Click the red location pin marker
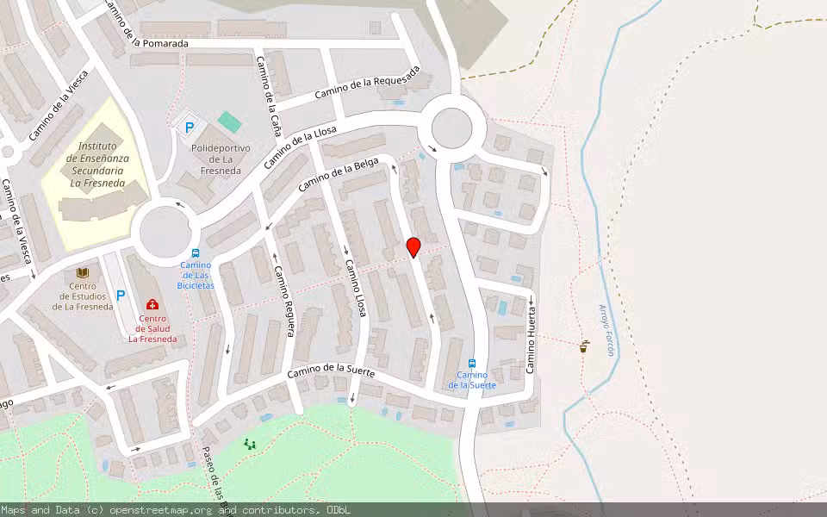tap(413, 247)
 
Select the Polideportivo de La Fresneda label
tap(221, 159)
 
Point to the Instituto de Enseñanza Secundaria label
tap(96, 165)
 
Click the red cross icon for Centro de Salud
tap(152, 304)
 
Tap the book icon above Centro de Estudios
tap(83, 273)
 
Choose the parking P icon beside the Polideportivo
tap(188, 128)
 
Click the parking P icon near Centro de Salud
tap(121, 296)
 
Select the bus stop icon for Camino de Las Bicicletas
tap(196, 254)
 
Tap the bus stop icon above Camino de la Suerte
tap(472, 364)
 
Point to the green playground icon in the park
tap(250, 445)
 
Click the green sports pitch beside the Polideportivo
tap(229, 121)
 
